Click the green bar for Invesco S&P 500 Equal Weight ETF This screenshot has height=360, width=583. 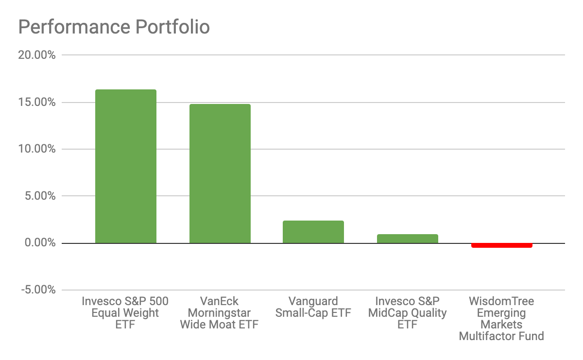(125, 166)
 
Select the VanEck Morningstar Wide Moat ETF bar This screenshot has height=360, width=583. (220, 173)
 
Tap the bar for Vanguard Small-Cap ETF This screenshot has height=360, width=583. (313, 232)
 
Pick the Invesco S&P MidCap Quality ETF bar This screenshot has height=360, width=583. (407, 239)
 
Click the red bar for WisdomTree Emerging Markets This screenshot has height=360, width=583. (501, 245)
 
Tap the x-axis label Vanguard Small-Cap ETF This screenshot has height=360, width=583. (313, 307)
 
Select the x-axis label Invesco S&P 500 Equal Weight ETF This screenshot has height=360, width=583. (125, 312)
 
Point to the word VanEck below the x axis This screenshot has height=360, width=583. (219, 301)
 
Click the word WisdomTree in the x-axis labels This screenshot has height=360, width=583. (501, 301)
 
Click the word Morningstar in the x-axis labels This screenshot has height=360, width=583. (219, 313)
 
